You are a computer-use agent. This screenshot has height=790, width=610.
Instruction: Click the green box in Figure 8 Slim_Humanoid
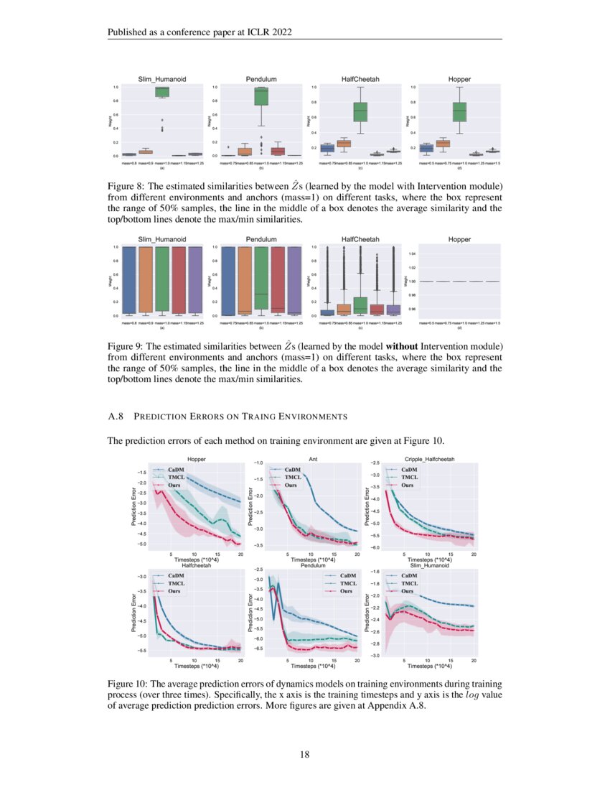(x=162, y=91)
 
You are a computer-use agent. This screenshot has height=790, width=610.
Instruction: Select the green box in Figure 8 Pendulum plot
(x=261, y=96)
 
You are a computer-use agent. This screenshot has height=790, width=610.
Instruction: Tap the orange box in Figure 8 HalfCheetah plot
(x=343, y=144)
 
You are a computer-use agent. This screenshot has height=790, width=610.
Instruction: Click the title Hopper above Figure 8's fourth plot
(x=459, y=78)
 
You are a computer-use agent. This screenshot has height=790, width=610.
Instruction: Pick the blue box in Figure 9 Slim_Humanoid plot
(x=129, y=280)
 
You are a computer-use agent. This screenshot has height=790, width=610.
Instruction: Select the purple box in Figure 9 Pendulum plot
(x=294, y=280)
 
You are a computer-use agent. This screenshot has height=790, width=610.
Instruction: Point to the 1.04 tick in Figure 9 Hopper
(x=412, y=254)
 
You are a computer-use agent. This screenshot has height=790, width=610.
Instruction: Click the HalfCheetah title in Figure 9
(x=360, y=238)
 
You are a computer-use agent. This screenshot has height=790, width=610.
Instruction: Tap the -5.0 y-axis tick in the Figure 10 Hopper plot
(x=143, y=544)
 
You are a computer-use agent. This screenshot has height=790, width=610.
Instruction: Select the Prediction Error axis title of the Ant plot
(x=250, y=505)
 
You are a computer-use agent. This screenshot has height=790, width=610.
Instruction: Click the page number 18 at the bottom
(x=304, y=754)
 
